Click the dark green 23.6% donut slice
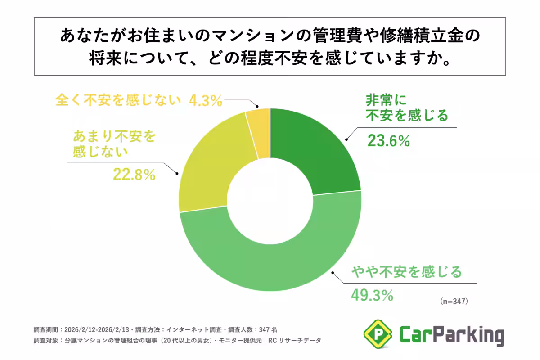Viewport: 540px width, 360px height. pyautogui.click(x=315, y=148)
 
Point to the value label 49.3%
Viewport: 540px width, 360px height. pyautogui.click(x=372, y=295)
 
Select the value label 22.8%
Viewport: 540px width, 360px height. pyautogui.click(x=134, y=174)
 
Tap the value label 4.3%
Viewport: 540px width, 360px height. pyautogui.click(x=205, y=100)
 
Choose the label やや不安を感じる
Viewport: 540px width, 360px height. pyautogui.click(x=407, y=272)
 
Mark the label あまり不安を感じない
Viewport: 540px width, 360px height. pyautogui.click(x=113, y=143)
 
